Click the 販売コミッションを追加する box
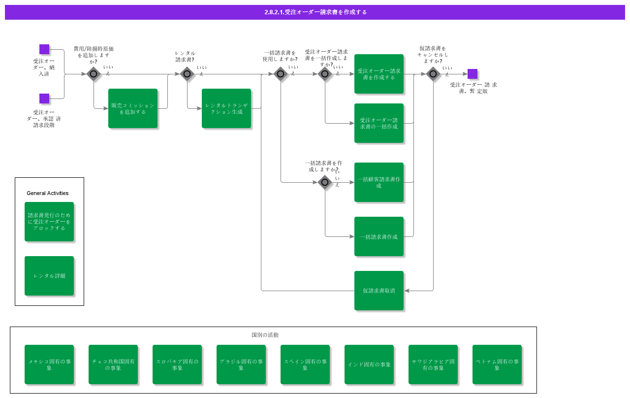click(133, 108)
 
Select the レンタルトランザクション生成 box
click(226, 108)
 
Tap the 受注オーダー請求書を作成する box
click(379, 74)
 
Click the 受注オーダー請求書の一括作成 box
click(379, 123)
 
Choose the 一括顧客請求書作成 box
click(379, 182)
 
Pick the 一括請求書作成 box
click(379, 236)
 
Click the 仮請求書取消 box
click(379, 291)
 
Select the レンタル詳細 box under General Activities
click(49, 276)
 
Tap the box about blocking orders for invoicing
click(49, 222)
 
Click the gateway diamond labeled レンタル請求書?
click(187, 74)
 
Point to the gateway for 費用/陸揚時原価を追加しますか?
click(94, 74)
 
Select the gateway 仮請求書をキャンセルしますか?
click(433, 74)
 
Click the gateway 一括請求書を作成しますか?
click(325, 182)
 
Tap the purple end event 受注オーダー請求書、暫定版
click(472, 74)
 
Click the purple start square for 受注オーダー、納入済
click(44, 49)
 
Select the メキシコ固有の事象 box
click(49, 365)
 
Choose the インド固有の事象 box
click(369, 365)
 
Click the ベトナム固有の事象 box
click(497, 365)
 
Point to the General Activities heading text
click(48, 193)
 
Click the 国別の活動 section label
click(265, 335)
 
